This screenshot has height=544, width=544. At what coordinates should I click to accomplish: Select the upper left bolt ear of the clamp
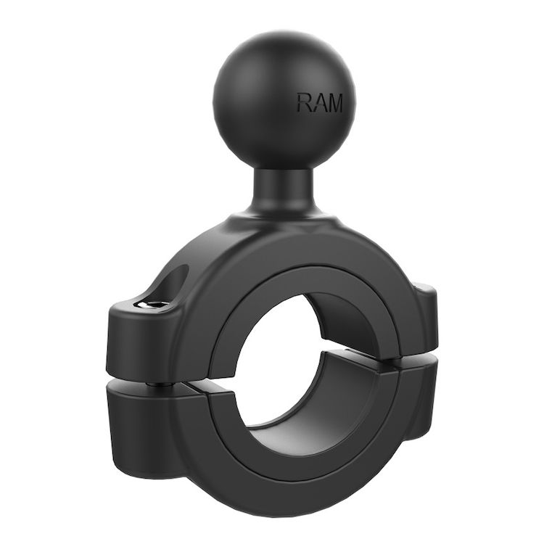tap(138, 326)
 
